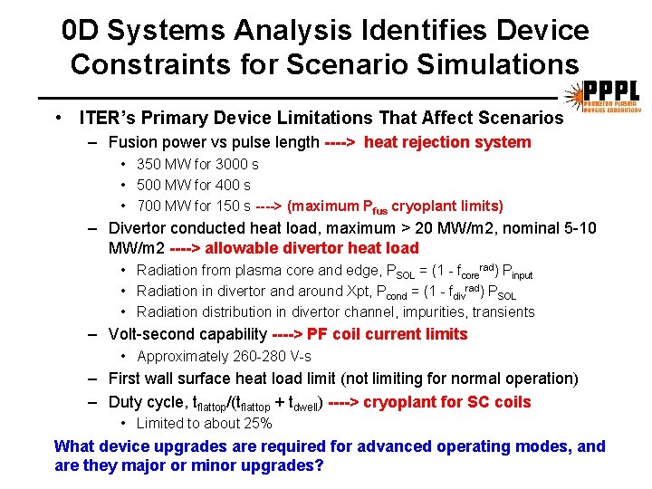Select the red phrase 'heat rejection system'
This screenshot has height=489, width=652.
tap(447, 142)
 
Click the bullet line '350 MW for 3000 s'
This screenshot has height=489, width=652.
tap(197, 164)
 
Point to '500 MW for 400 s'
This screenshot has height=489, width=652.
tap(193, 185)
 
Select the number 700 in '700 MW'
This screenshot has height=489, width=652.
tap(149, 206)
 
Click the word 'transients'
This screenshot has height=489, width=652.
tap(503, 312)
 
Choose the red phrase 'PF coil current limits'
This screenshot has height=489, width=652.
tap(388, 334)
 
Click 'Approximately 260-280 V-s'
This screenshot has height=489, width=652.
tap(224, 356)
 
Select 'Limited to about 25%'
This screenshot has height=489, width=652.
tap(204, 423)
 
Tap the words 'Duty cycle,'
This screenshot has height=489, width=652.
tap(147, 402)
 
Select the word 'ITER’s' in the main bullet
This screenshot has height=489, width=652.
tap(103, 118)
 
